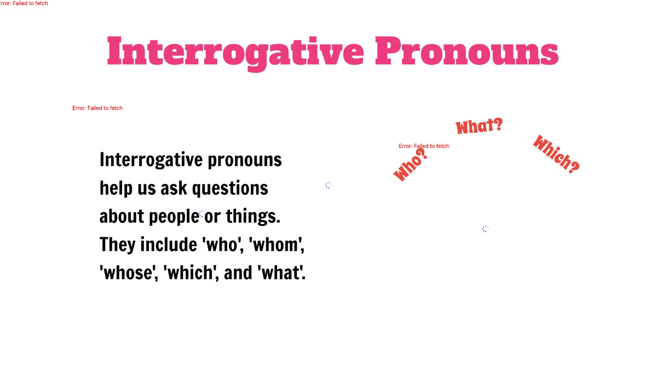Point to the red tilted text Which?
point(556,155)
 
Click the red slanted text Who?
point(410,165)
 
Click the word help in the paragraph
point(116,188)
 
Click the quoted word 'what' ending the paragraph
point(281,272)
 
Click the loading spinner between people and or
point(201,214)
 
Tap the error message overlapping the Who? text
point(424,146)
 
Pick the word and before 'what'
point(238,272)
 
